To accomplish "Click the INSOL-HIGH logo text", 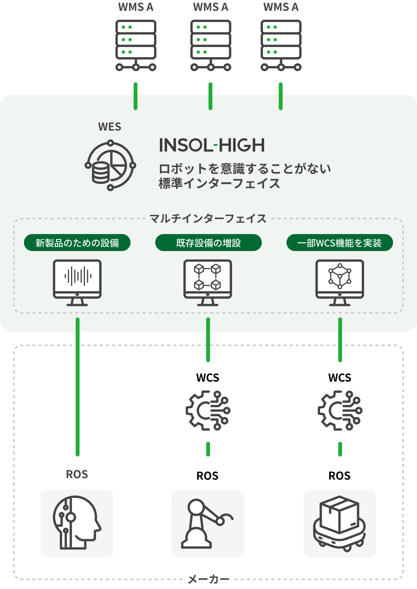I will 212,146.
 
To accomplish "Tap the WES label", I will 110,127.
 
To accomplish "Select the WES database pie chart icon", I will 110,166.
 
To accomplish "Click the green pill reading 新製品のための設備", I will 77,243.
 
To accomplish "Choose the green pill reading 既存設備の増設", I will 208,243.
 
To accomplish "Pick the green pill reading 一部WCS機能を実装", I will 339,243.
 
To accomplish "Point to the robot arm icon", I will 207,523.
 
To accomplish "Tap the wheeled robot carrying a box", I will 339,523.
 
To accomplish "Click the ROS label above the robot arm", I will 207,475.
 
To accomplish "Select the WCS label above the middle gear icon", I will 208,377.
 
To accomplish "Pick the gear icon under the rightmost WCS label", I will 340,410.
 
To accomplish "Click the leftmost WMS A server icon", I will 136,46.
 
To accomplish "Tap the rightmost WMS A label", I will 281,7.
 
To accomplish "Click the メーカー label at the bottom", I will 208,579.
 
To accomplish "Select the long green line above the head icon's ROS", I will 78,386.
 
